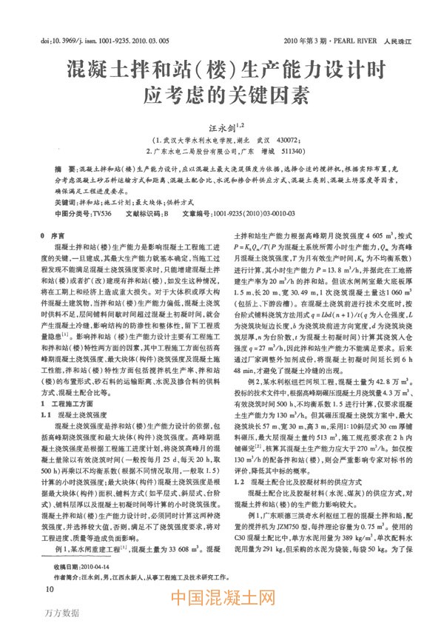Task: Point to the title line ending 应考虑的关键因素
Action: [x=222, y=94]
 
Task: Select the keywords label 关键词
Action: [x=64, y=201]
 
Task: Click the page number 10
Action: [x=50, y=589]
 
